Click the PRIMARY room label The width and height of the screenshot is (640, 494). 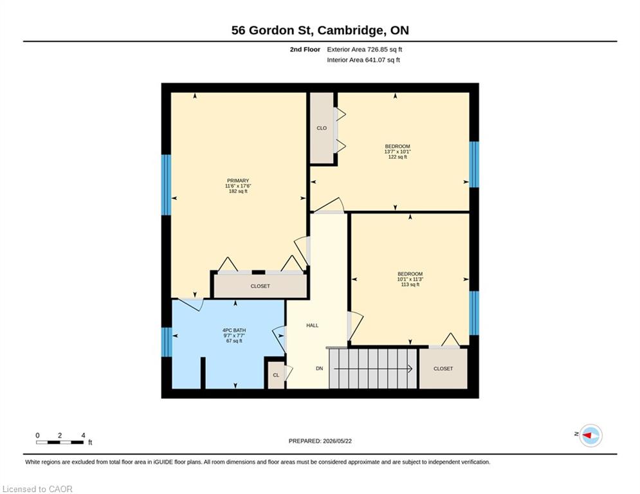238,181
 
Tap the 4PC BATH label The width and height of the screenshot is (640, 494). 234,330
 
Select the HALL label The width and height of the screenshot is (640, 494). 312,325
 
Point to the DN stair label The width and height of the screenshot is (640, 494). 319,369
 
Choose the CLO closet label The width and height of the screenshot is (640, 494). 322,128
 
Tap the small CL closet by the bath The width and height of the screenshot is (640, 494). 276,375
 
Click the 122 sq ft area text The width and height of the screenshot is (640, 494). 398,157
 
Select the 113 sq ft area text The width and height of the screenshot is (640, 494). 410,284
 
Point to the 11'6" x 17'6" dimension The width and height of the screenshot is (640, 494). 238,186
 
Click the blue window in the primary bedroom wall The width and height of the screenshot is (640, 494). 166,185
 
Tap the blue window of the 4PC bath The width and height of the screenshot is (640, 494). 167,342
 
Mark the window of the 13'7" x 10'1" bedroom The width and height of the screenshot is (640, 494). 474,165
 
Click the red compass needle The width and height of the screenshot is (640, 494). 587,435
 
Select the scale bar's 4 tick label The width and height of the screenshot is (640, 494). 83,435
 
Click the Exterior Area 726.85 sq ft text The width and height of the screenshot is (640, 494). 365,50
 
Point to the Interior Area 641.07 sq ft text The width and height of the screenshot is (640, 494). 363,60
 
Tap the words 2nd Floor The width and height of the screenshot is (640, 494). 305,50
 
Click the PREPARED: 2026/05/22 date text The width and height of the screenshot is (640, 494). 320,441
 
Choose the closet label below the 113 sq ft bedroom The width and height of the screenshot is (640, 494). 443,369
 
